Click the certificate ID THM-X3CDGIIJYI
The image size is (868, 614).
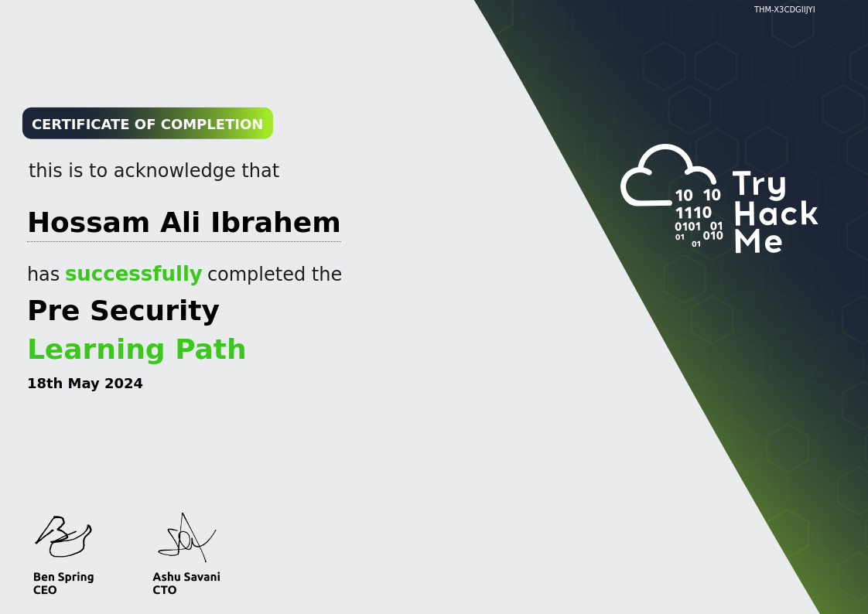784,9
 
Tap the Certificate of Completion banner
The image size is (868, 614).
148,124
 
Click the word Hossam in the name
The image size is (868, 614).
88,223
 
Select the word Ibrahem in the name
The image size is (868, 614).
275,223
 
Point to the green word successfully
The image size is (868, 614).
133,274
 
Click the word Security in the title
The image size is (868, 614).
155,311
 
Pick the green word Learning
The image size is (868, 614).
97,350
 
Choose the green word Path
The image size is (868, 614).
210,349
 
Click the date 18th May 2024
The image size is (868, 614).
85,384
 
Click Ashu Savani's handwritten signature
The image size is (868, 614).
187,537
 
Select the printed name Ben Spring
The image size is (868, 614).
63,578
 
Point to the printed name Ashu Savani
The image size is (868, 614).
186,577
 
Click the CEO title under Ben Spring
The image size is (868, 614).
45,590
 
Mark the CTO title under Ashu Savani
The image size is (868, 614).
165,590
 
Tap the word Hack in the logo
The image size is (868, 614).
776,213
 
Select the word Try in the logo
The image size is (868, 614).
760,185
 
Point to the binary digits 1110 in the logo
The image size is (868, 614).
694,213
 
